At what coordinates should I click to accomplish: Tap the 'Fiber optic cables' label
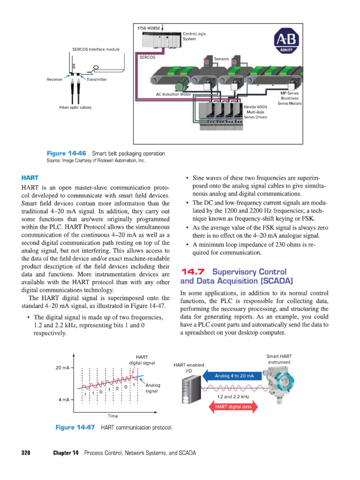[75, 107]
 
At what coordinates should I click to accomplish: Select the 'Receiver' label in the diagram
[55, 80]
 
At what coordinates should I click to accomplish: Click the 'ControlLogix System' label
[194, 36]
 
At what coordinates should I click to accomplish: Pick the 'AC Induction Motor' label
[173, 94]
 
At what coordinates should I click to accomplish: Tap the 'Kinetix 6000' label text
[255, 107]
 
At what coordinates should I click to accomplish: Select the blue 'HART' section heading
[30, 178]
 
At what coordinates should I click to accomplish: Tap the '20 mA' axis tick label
[62, 367]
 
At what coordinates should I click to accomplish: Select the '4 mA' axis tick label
[64, 400]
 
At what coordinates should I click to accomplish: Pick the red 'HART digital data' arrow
[233, 406]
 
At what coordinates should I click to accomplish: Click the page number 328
[26, 453]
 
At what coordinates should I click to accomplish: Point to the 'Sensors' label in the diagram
[221, 59]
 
